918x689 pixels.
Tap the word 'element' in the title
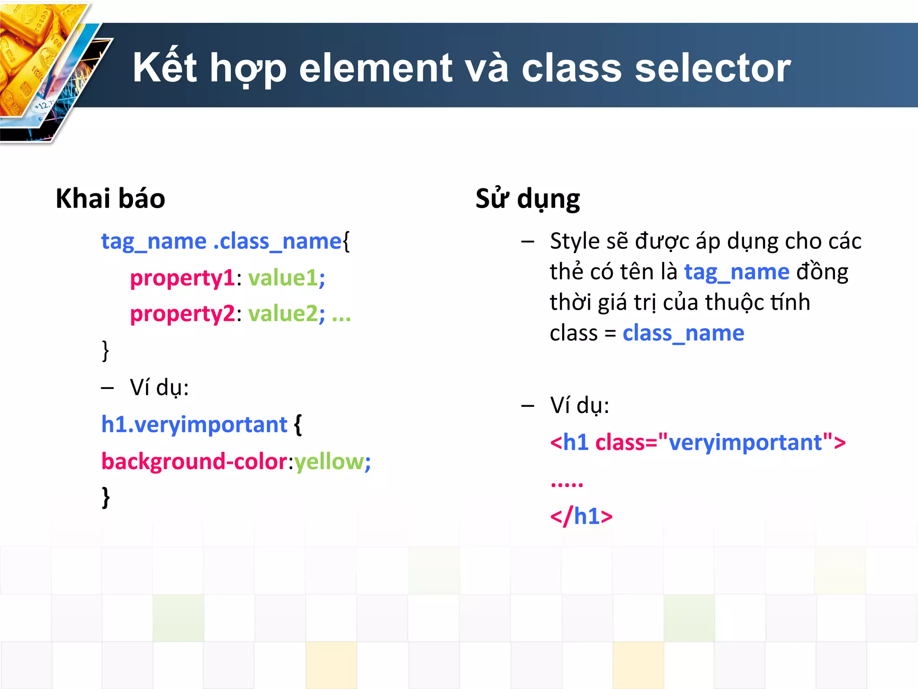376,68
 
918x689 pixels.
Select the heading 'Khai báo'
110,198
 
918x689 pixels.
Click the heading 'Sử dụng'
528,198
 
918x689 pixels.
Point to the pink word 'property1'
182,278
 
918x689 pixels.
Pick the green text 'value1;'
286,278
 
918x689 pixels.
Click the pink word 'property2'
182,314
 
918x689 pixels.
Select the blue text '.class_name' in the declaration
277,241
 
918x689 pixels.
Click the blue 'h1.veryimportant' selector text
194,424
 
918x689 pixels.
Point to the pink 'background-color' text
194,461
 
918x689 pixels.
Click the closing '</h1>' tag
581,516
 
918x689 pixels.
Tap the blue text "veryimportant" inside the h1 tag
745,442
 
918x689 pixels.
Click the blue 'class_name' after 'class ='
683,333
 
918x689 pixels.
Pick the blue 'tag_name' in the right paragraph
736,272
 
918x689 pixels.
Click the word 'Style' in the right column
575,241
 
